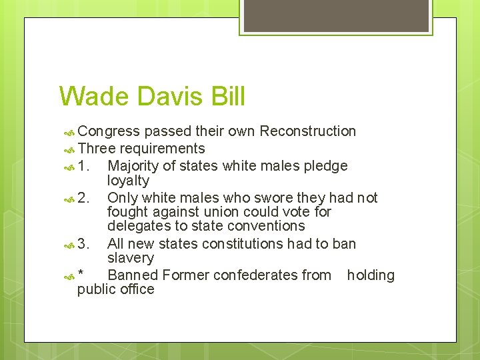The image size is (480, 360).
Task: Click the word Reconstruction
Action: [307, 131]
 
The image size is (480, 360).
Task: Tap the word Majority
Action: [134, 166]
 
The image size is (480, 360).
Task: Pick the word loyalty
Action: [129, 181]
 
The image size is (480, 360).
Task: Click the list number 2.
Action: [83, 198]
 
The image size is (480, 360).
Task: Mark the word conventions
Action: [266, 226]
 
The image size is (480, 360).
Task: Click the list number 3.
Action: [83, 244]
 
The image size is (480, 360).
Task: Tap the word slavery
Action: [131, 258]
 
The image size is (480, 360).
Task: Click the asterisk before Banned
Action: [81, 275]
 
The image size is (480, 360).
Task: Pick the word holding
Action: [371, 275]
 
